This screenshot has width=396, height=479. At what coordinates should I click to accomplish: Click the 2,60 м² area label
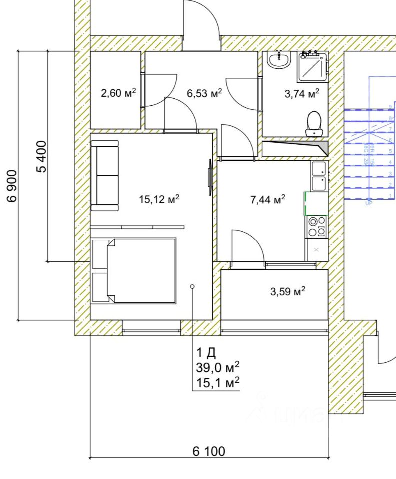[118, 93]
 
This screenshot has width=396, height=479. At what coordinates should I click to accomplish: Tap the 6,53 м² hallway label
[204, 93]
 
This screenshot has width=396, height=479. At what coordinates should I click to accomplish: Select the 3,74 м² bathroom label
[302, 93]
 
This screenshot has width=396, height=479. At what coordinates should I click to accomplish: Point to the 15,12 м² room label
[159, 199]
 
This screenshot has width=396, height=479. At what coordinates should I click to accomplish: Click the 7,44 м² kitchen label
[267, 200]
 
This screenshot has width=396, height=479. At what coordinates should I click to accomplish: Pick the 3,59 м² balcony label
[287, 292]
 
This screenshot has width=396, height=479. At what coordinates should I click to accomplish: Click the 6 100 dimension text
[209, 452]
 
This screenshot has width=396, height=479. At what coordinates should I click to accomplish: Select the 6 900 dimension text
[12, 185]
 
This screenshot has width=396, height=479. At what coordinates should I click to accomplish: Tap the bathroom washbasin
[278, 61]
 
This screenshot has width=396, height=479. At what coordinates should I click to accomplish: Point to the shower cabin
[313, 67]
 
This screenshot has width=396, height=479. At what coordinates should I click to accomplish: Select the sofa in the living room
[105, 175]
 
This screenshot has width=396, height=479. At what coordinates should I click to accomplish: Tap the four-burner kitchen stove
[317, 226]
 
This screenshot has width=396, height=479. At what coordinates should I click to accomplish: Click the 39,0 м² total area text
[217, 368]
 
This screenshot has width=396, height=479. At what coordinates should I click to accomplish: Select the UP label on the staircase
[369, 204]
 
